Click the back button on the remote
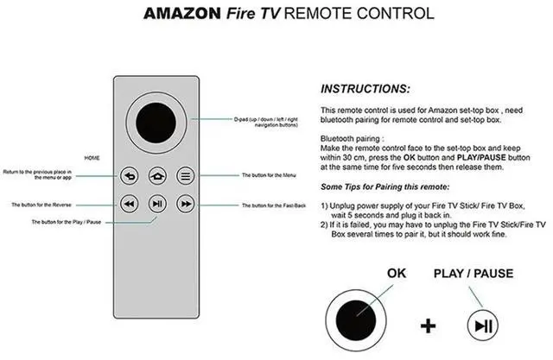[x=129, y=176]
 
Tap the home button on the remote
[x=156, y=176]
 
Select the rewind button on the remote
[x=129, y=204]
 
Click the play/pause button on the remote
[x=156, y=204]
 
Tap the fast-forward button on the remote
[x=185, y=204]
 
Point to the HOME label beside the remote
[x=92, y=158]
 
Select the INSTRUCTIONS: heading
[x=366, y=89]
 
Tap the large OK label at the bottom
[x=397, y=274]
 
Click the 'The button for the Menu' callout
[x=269, y=176]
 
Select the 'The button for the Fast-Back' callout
[x=273, y=205]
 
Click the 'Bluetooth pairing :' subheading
[x=350, y=138]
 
